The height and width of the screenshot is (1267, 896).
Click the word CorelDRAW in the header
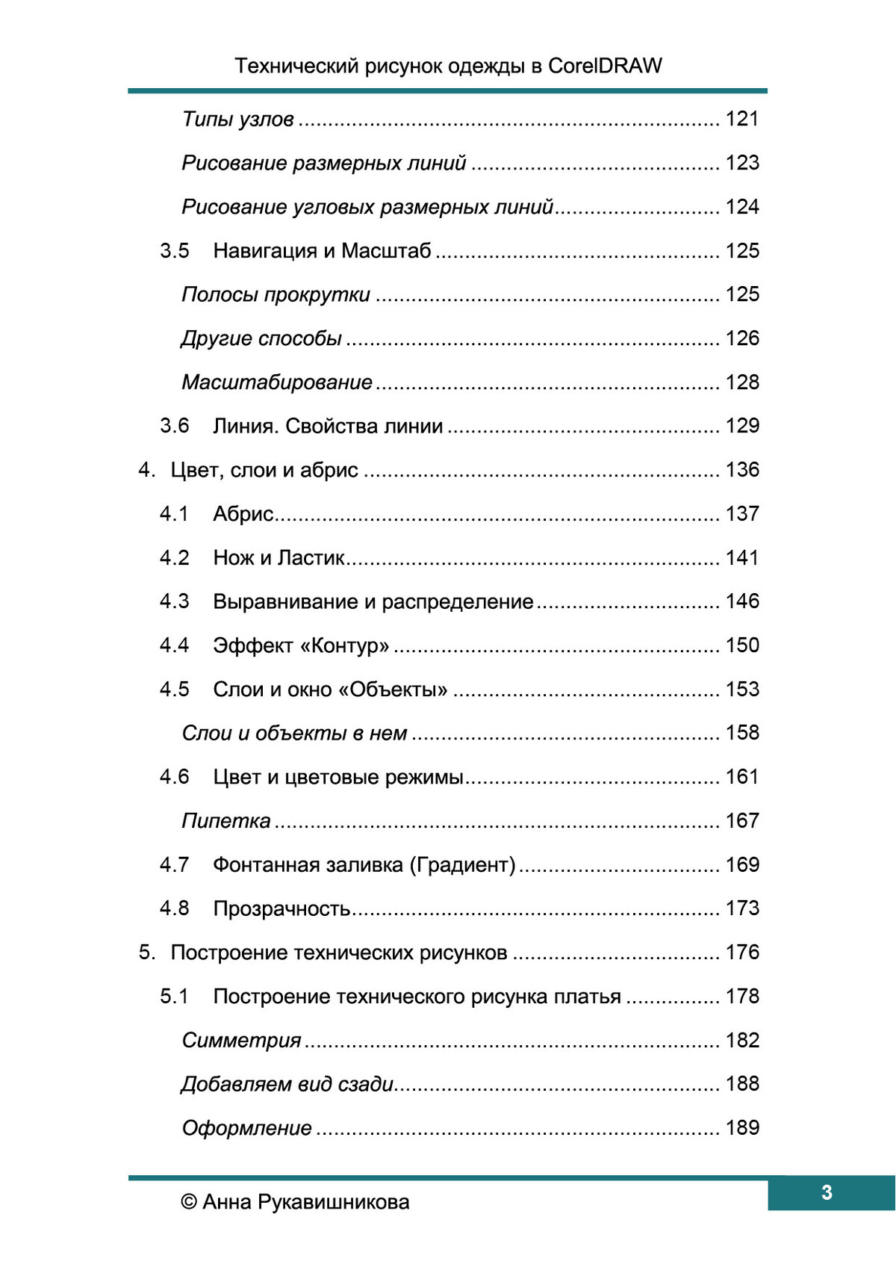(x=605, y=66)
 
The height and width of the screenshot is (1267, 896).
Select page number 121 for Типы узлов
(x=742, y=119)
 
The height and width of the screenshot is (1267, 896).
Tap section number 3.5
(x=174, y=251)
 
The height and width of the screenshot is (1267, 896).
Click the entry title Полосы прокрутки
(x=276, y=295)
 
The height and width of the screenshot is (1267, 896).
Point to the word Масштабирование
(x=277, y=382)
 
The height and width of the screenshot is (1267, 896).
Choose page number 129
(x=742, y=426)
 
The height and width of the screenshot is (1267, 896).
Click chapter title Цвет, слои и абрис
(x=264, y=470)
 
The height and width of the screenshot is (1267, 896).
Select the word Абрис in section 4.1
(x=243, y=514)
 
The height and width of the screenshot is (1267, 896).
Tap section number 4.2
(x=174, y=558)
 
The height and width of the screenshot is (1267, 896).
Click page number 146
(x=742, y=601)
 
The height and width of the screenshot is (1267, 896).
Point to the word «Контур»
(x=344, y=645)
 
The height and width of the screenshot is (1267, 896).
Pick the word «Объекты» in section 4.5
(x=393, y=690)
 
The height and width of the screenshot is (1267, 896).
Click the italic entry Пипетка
(x=226, y=821)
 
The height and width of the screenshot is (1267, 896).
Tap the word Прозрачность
(x=281, y=909)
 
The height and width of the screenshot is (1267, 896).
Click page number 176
(x=742, y=952)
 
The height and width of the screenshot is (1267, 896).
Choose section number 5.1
(x=174, y=997)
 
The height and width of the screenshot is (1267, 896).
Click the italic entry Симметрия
(x=241, y=1041)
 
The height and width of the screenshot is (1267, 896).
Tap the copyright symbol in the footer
(x=189, y=1202)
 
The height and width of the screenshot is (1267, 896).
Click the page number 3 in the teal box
(x=827, y=1192)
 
